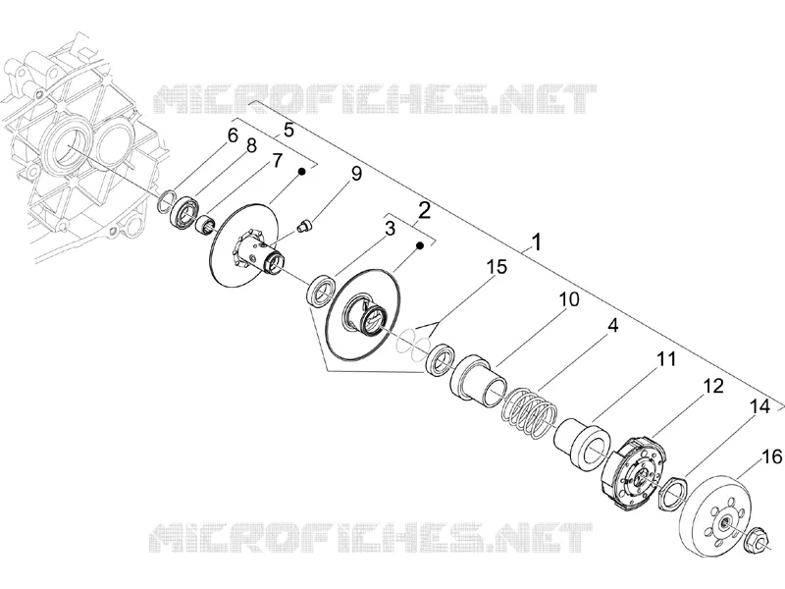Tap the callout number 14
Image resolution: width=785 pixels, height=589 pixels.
point(759,406)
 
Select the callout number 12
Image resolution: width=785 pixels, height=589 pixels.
point(713,386)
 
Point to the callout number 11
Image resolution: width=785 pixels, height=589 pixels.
point(666,359)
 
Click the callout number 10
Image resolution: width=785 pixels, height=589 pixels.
point(569,299)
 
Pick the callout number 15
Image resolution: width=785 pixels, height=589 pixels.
point(497,267)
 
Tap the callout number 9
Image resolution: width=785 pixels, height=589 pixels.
point(356,174)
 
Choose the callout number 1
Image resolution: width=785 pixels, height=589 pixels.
point(536,242)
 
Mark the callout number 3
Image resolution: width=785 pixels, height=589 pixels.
point(390,229)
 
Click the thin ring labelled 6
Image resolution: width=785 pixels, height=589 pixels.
point(166,200)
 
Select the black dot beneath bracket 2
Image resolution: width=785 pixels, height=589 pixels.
point(421,245)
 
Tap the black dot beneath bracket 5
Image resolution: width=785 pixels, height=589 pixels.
point(302,171)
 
